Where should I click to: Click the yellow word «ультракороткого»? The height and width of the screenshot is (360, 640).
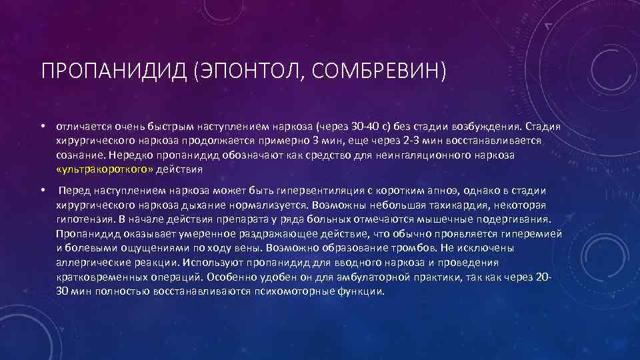(105, 169)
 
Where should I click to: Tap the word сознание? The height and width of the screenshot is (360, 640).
(79, 155)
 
